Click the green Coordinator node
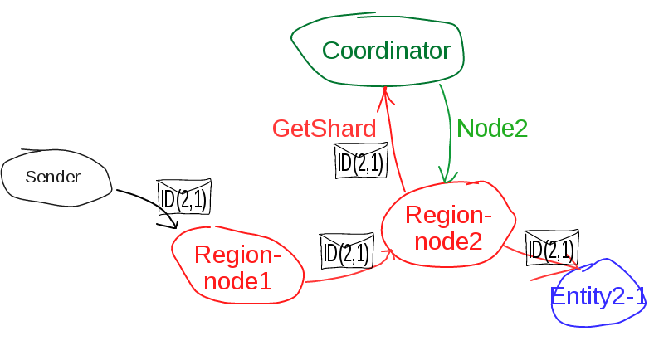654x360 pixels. [x=378, y=51]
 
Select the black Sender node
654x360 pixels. [x=55, y=178]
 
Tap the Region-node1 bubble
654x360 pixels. [x=237, y=266]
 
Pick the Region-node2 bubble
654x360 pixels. [x=448, y=226]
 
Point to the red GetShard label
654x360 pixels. [x=324, y=129]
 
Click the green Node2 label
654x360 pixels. [x=492, y=128]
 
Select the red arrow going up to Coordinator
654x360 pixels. [x=393, y=141]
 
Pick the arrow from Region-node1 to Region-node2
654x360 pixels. [x=349, y=273]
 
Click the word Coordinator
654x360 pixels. [x=386, y=51]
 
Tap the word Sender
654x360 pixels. [x=53, y=178]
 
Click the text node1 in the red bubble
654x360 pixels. [x=237, y=281]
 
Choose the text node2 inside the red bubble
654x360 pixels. [x=448, y=241]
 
